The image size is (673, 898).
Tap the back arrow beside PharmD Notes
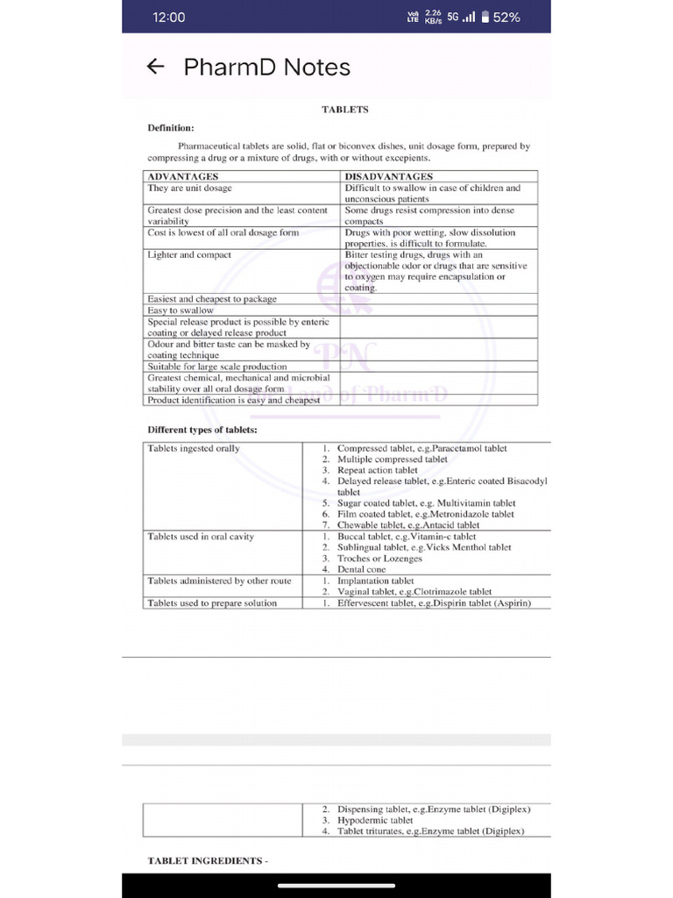pos(155,68)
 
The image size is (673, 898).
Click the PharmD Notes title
pos(266,68)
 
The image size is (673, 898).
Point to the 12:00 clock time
pos(169,18)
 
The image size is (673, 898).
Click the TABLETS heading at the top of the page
pos(344,110)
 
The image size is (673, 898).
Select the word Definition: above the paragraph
pos(170,128)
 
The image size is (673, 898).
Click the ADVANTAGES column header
pos(183,177)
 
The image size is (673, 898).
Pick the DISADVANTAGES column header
pos(389,177)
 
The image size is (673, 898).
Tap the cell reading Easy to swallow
pos(181,310)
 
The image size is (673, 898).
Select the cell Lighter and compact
pos(189,255)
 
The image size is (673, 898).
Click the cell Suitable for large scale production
pos(217,367)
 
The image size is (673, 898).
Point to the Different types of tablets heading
pos(202,430)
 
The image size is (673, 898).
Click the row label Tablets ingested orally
pos(194,449)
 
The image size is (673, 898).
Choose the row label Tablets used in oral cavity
pos(201,537)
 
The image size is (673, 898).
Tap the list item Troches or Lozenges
pos(379,559)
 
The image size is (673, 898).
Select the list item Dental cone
pos(361,570)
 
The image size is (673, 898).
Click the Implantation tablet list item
pos(375,581)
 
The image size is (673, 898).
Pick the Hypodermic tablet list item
pos(375,821)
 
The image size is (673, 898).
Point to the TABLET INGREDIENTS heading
pos(207,861)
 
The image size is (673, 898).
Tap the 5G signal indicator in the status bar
pos(453,17)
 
